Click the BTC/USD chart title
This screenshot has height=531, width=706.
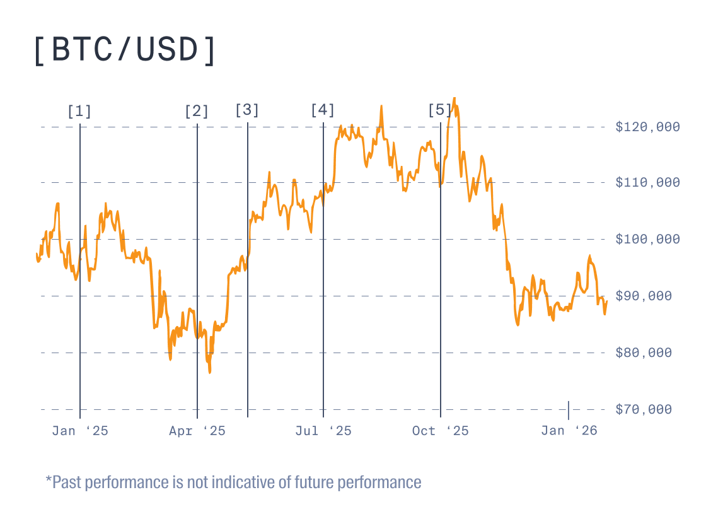[125, 50]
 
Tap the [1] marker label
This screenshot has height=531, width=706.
[79, 112]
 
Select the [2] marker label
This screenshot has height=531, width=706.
[197, 112]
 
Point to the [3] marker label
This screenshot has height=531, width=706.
[247, 110]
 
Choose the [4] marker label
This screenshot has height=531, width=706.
[323, 110]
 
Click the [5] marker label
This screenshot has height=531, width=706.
[440, 110]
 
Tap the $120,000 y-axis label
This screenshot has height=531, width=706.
[647, 127]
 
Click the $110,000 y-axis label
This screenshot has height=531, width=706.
[647, 183]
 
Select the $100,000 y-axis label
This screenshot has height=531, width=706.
[647, 239]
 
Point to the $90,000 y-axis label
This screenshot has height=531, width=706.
[647, 296]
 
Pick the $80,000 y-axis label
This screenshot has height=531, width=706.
[647, 353]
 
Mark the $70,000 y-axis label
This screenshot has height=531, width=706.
[647, 409]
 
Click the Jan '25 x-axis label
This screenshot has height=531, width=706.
[80, 431]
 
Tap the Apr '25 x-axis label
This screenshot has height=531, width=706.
[197, 431]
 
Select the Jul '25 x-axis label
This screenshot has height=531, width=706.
[323, 431]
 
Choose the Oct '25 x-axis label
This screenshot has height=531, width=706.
[441, 431]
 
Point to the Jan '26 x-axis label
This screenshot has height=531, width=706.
[569, 431]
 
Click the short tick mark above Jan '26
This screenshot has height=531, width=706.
[569, 410]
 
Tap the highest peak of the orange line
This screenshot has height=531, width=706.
[454, 99]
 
